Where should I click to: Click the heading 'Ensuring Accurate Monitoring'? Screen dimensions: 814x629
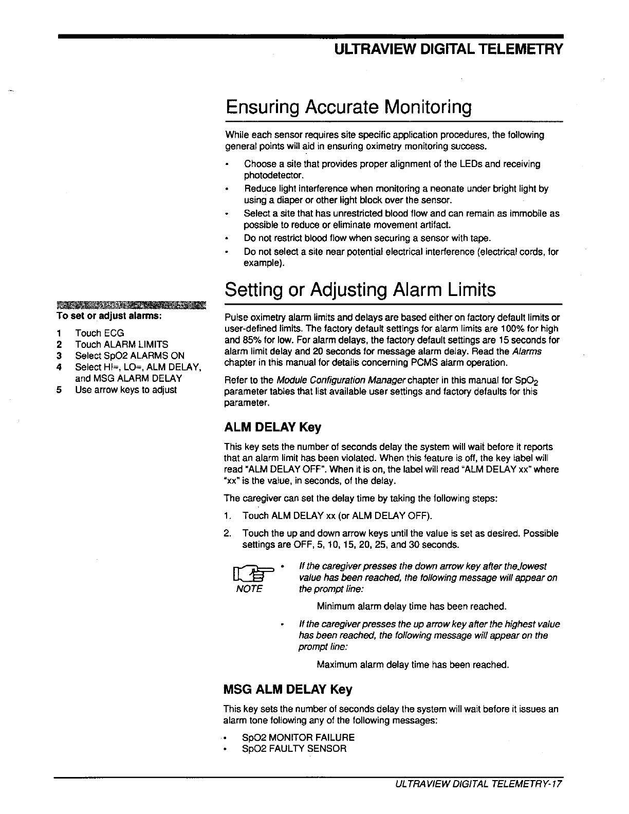pos(348,108)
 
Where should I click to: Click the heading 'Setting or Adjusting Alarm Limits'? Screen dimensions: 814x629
pos(360,290)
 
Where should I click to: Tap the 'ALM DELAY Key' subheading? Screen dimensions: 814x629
pos(272,428)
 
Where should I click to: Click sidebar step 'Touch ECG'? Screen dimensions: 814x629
pos(99,333)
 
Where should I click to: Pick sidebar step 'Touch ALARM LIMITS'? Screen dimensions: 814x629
pos(121,344)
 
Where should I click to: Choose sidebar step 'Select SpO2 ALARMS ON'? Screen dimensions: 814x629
pos(129,356)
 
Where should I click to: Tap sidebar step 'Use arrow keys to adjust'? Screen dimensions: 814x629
pos(125,390)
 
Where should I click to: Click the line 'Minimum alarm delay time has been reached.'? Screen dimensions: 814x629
pos(412,606)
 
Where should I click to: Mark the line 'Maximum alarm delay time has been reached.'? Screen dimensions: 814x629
pos(413,665)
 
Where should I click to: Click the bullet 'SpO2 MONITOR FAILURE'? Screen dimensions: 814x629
pos(298,737)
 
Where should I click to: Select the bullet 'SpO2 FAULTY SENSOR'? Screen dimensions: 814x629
pos(294,749)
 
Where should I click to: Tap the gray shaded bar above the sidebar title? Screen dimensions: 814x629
pos(131,306)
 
